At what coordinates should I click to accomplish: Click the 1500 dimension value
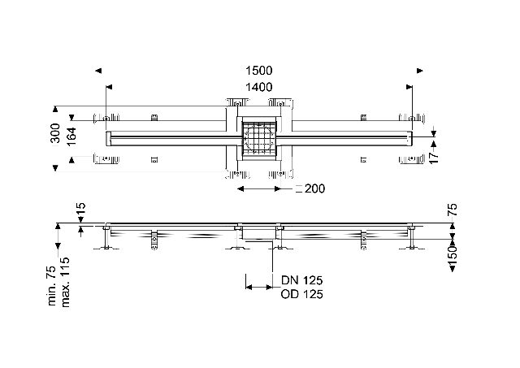[260, 71]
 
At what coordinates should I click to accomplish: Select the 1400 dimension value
[260, 87]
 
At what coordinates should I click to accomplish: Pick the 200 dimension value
[314, 188]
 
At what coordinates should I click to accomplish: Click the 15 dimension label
[80, 210]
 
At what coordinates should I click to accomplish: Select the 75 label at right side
[453, 210]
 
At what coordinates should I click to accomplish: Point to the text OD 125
[301, 295]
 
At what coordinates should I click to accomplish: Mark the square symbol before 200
[298, 188]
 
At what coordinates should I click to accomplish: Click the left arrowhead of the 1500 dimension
[98, 71]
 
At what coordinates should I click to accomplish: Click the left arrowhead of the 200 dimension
[239, 188]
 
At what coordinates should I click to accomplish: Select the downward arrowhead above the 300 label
[55, 106]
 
